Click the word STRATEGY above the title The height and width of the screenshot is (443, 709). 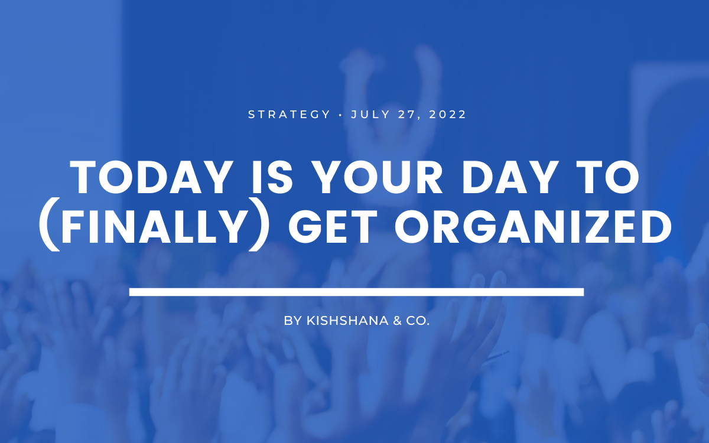[x=289, y=114]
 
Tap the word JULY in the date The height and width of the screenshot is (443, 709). [x=370, y=114]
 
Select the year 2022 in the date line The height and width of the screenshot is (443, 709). [x=448, y=114]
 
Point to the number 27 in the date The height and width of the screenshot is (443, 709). [x=409, y=115]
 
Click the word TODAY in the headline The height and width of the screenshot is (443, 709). [x=152, y=177]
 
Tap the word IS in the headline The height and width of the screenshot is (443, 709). [x=272, y=177]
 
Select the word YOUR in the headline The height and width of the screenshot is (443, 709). [x=378, y=177]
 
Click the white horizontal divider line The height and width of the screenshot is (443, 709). [x=356, y=292]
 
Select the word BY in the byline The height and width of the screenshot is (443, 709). [x=293, y=321]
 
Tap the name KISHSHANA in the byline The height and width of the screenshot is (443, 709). [x=347, y=321]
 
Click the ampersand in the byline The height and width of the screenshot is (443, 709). [x=397, y=321]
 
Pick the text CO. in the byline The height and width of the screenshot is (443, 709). [x=418, y=321]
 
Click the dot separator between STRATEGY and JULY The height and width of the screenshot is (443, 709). [x=340, y=115]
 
